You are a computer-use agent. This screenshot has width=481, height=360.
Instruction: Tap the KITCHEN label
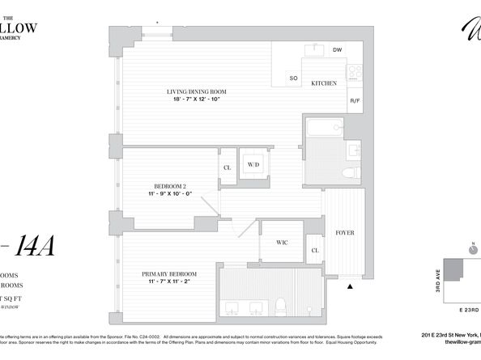pyautogui.click(x=313, y=83)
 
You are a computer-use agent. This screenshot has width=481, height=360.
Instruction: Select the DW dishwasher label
pyautogui.click(x=337, y=50)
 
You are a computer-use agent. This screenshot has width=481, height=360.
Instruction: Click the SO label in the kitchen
pyautogui.click(x=294, y=78)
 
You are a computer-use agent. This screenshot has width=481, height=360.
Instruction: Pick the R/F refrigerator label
pyautogui.click(x=354, y=100)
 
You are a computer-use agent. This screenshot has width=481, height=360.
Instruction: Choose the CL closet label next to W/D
pyautogui.click(x=227, y=168)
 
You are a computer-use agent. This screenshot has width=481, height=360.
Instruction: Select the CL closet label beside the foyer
pyautogui.click(x=315, y=251)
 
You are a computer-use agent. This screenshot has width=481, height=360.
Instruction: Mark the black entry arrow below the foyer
pyautogui.click(x=350, y=284)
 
